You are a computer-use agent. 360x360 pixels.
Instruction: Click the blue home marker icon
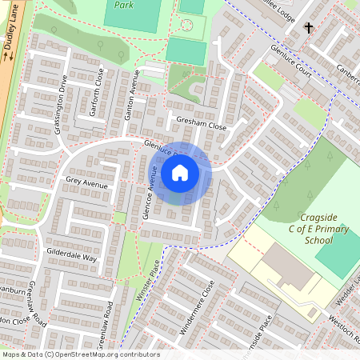point(180,172)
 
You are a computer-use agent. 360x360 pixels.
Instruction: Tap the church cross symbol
point(309,28)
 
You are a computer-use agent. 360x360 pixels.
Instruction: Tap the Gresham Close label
point(201,126)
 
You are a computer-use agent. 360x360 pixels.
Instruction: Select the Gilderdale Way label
point(72,258)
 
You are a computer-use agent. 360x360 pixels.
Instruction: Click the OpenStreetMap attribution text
point(80,354)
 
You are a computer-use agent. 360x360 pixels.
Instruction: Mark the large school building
point(288,268)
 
